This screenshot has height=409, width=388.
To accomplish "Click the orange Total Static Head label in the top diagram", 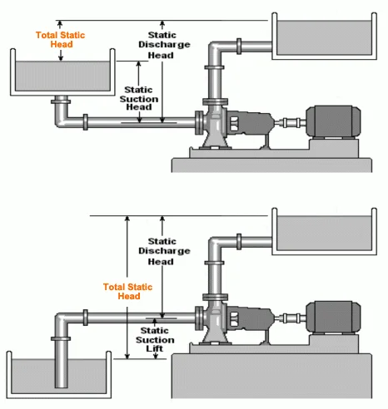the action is pyautogui.click(x=60, y=40).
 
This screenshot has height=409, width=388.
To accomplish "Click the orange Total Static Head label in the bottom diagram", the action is pyautogui.click(x=127, y=291).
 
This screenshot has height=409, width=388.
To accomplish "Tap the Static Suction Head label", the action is pyautogui.click(x=139, y=98).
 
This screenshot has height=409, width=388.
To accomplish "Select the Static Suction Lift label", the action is pyautogui.click(x=155, y=339).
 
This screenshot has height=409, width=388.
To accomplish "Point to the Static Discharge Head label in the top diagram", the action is pyautogui.click(x=164, y=45).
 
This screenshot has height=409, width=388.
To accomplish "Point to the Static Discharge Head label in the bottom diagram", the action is pyautogui.click(x=164, y=251).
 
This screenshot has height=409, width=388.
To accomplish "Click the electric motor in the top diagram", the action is pyautogui.click(x=333, y=121).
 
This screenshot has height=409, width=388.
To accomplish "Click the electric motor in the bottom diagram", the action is pyautogui.click(x=333, y=317).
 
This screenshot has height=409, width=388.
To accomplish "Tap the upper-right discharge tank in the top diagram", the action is pyautogui.click(x=324, y=36).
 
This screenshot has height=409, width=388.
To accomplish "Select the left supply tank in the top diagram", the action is pyautogui.click(x=62, y=72).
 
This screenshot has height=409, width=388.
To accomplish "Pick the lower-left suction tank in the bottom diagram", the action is pyautogui.click(x=59, y=375).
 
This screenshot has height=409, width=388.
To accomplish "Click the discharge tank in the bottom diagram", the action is pyautogui.click(x=324, y=231).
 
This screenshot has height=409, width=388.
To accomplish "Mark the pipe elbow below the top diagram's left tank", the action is pyautogui.click(x=62, y=120).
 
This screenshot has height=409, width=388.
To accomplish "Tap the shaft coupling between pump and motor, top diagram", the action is pyautogui.click(x=290, y=122).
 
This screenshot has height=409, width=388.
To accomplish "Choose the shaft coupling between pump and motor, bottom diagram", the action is pyautogui.click(x=290, y=318).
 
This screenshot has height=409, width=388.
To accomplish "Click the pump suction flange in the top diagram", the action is pyautogui.click(x=199, y=122).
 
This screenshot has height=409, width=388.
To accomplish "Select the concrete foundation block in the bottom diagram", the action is pyautogui.click(x=271, y=376).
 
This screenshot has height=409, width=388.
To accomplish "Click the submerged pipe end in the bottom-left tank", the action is pyautogui.click(x=62, y=384).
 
